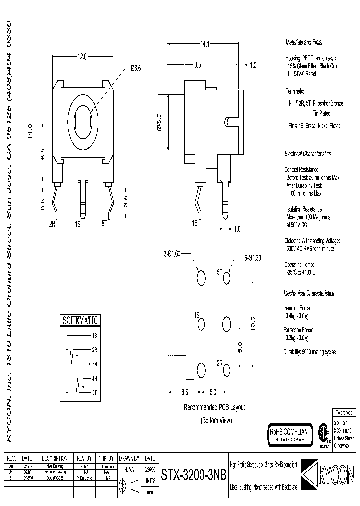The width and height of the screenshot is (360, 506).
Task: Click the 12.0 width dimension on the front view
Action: click(x=82, y=57)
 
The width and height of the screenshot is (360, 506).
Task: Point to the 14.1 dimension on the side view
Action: click(x=205, y=45)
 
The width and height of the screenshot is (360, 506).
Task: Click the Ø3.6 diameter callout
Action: click(x=136, y=68)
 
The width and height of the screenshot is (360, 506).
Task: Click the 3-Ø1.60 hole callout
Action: click(x=172, y=253)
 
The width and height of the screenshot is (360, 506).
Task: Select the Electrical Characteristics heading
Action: click(x=307, y=154)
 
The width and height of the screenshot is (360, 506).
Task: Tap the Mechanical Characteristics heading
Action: click(x=309, y=293)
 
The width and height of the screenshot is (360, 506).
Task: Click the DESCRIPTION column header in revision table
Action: click(x=54, y=458)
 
